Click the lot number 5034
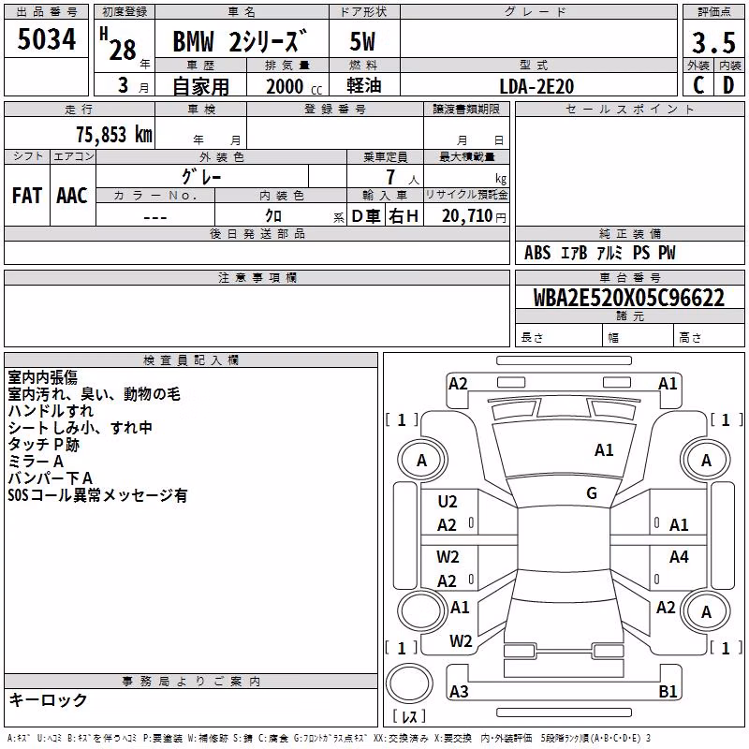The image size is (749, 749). (46, 39)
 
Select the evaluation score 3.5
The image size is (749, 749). (713, 42)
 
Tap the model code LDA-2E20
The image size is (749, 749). (536, 86)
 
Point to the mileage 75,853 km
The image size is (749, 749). (114, 135)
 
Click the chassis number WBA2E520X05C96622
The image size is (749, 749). (628, 298)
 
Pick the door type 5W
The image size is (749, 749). (362, 41)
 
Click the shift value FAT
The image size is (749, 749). (27, 196)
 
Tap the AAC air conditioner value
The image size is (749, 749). (72, 196)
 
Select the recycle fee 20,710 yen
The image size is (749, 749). (474, 216)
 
